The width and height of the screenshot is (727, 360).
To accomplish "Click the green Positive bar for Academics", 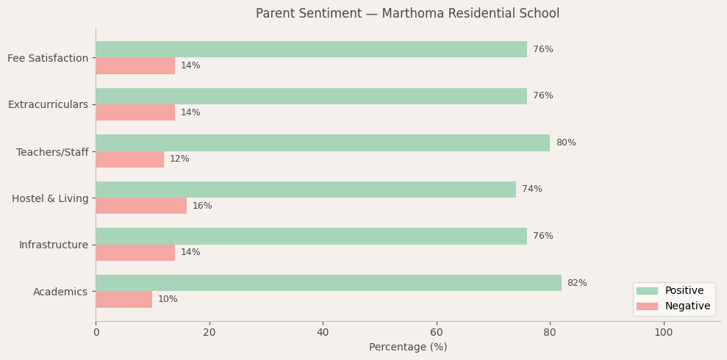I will coord(329,283).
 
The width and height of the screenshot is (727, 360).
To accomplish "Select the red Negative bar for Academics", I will coord(124,299).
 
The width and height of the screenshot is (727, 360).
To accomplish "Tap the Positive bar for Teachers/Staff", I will coord(323,143).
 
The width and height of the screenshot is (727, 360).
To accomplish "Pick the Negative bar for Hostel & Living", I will coord(141,206).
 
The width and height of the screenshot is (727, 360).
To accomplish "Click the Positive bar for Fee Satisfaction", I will coord(311,49).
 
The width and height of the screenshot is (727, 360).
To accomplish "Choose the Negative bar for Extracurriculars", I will coord(135,112).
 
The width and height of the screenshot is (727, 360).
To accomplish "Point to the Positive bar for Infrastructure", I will coord(311,236).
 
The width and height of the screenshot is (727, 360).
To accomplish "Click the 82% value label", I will coord(577,283).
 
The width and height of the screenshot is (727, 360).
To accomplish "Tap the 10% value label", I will coord(168,299).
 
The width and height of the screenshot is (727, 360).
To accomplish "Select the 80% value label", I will coord(566,143).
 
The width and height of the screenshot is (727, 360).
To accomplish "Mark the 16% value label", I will coord(202,206).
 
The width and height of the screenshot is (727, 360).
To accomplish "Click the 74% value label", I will coord(532,190).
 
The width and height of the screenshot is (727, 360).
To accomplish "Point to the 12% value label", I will coord(179,159).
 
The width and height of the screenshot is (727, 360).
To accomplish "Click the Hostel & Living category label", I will coord(50,198).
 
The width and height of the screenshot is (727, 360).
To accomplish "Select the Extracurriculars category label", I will coord(48,104).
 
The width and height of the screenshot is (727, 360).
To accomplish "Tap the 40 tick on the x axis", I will coord(323,333).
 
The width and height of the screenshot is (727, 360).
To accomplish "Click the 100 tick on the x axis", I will coord(663,333).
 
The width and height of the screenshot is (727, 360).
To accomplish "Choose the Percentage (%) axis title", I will coord(408,348).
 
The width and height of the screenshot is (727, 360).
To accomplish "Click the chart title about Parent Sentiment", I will coord(408,13).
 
